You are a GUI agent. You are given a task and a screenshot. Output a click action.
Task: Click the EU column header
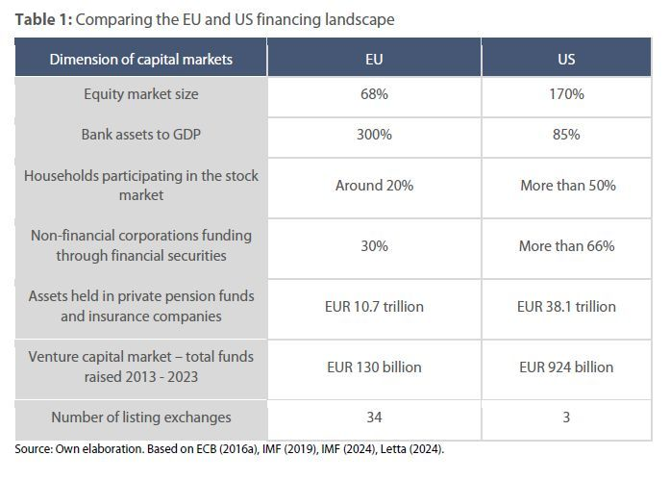coord(374,59)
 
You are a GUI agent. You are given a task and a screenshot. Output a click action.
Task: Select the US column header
coord(566,59)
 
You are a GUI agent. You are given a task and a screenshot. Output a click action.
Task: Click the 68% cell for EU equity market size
coord(374,94)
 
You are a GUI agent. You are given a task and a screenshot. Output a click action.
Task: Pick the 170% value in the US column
coord(566,94)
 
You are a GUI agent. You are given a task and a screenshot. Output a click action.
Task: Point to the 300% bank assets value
coord(374,135)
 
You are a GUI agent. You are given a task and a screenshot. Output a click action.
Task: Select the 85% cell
coord(566,135)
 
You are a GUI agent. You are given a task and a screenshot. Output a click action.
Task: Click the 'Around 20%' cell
coord(374,186)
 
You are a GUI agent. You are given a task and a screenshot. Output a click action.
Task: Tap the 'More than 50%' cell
coord(566,186)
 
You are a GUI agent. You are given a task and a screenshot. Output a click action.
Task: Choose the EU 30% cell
coord(374,246)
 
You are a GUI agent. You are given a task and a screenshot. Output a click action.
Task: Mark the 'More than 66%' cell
coord(566,246)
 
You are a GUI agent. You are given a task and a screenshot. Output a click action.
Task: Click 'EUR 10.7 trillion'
coord(374,307)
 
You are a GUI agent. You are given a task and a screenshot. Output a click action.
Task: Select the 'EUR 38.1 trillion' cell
coord(566,307)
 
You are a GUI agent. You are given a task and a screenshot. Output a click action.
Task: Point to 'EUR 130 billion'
coord(374,367)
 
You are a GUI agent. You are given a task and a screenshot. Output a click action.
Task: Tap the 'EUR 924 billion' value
coord(566,367)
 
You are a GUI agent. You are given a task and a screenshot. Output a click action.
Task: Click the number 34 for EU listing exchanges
coord(374,418)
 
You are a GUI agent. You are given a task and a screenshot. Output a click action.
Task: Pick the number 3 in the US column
coord(566,418)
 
